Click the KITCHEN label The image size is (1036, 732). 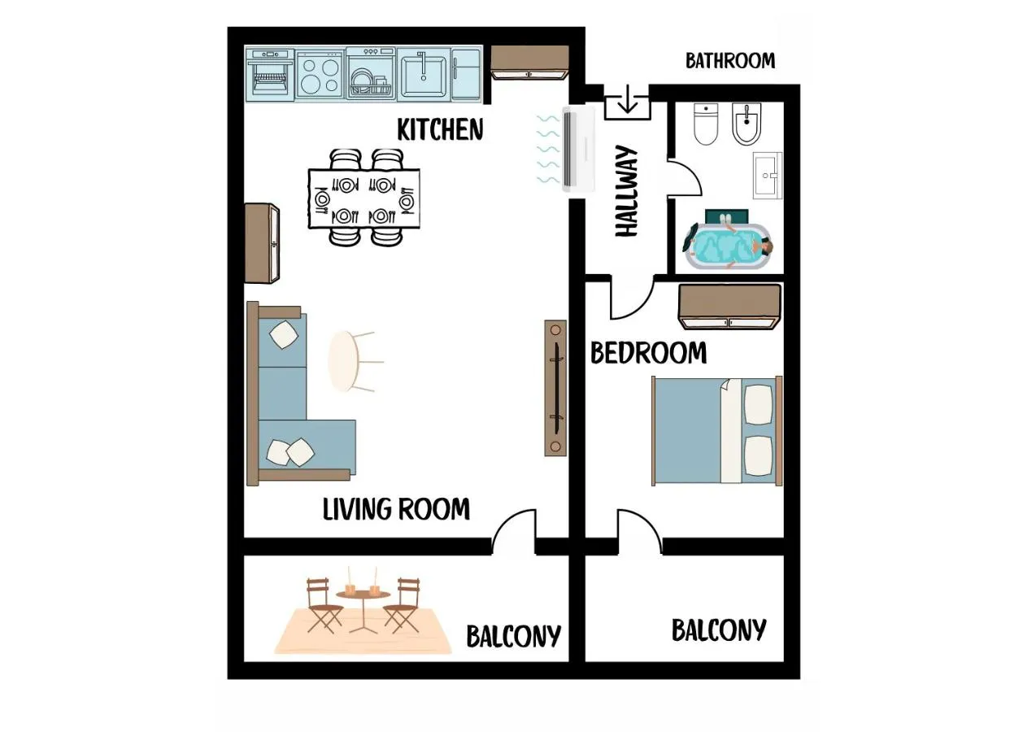[440, 129]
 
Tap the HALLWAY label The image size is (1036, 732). [627, 191]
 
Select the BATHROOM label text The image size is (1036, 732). [729, 61]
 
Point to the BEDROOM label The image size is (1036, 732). [648, 353]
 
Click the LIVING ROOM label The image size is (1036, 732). [396, 509]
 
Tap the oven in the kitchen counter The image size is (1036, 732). [270, 74]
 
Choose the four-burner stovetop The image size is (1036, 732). [320, 75]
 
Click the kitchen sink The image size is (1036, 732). [424, 73]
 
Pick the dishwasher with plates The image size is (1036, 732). [371, 73]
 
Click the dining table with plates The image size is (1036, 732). [364, 198]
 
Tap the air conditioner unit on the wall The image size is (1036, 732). [579, 150]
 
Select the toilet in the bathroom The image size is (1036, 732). [706, 124]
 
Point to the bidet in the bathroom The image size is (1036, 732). [747, 124]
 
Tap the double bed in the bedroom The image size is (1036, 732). [717, 431]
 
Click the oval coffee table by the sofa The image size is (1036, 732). [344, 361]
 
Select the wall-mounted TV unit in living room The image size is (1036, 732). [555, 388]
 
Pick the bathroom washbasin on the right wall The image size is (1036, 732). [768, 176]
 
